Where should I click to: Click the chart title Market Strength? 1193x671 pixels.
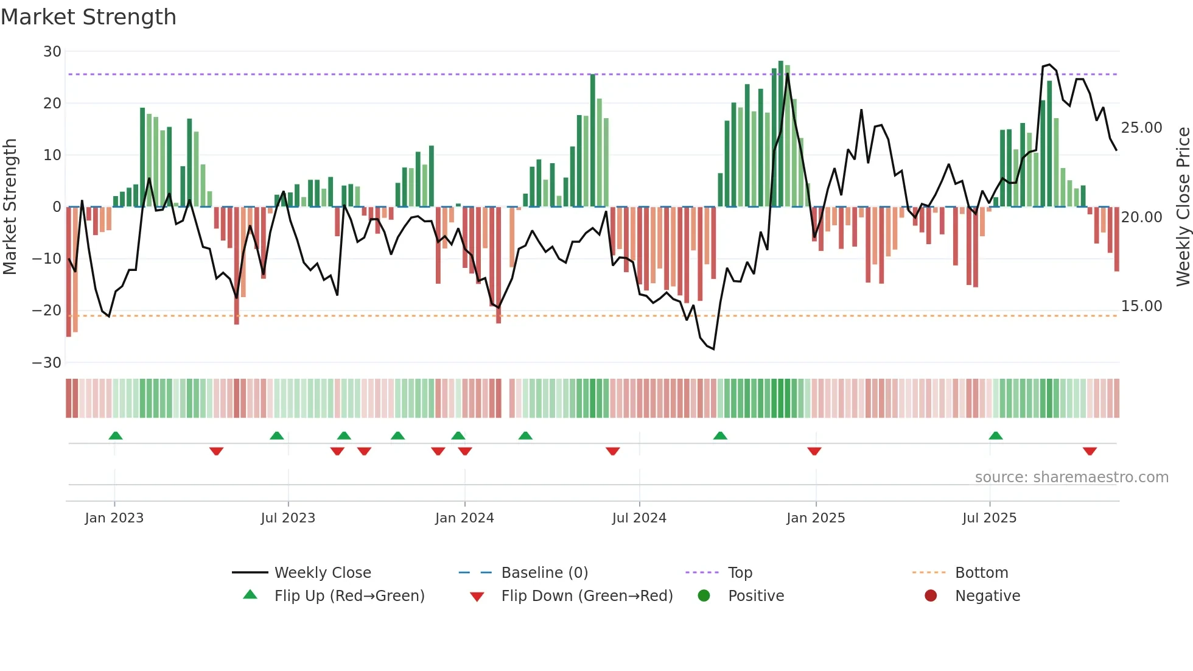(x=88, y=17)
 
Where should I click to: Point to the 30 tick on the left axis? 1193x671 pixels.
(x=52, y=52)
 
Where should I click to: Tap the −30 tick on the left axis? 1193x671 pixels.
(x=47, y=363)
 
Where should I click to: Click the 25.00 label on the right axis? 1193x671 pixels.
(x=1141, y=128)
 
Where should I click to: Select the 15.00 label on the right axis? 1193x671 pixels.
(x=1141, y=306)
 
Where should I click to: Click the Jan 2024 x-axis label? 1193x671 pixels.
(x=464, y=518)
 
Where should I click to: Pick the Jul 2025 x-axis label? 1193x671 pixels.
(x=989, y=518)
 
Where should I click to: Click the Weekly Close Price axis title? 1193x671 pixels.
(x=1183, y=207)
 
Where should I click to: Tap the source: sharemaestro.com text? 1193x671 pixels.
(x=1071, y=477)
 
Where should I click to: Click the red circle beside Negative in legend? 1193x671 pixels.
(x=931, y=595)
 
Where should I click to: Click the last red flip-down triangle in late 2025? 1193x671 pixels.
(x=1090, y=451)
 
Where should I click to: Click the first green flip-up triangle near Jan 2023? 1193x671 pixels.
(x=116, y=435)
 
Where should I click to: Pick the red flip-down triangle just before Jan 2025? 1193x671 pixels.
(x=814, y=451)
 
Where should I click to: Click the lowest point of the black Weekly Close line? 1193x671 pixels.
(x=713, y=349)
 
